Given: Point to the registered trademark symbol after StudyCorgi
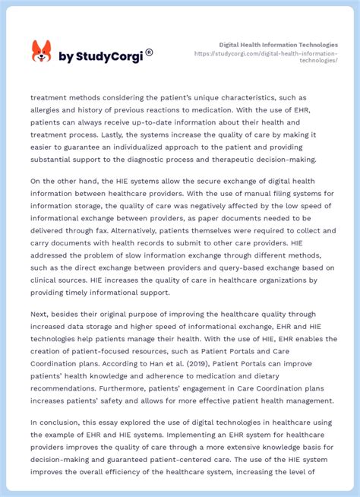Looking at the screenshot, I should tap(149, 52).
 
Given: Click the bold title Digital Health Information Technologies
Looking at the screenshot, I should tap(278, 45).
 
